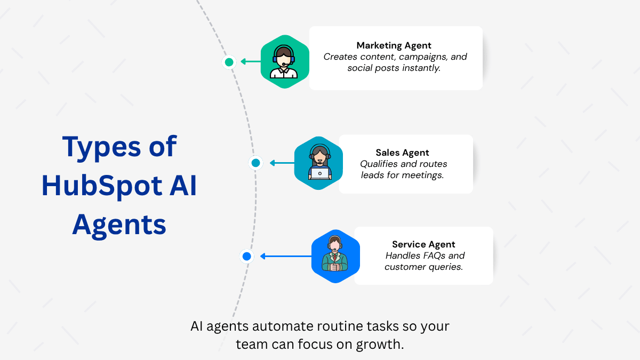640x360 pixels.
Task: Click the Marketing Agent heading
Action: tap(394, 45)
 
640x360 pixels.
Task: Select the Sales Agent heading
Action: tap(402, 153)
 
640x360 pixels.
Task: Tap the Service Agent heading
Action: tap(423, 244)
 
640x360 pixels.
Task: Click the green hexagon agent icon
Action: tap(284, 62)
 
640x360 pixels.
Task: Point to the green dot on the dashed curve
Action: tap(229, 62)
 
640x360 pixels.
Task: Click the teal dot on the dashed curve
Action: tap(256, 163)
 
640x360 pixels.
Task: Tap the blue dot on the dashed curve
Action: tap(246, 257)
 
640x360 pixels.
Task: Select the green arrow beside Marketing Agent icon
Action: tap(250, 62)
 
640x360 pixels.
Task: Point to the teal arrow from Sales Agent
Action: tap(282, 163)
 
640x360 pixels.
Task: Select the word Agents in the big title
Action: tap(119, 225)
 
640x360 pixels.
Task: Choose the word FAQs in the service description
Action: tap(429, 255)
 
